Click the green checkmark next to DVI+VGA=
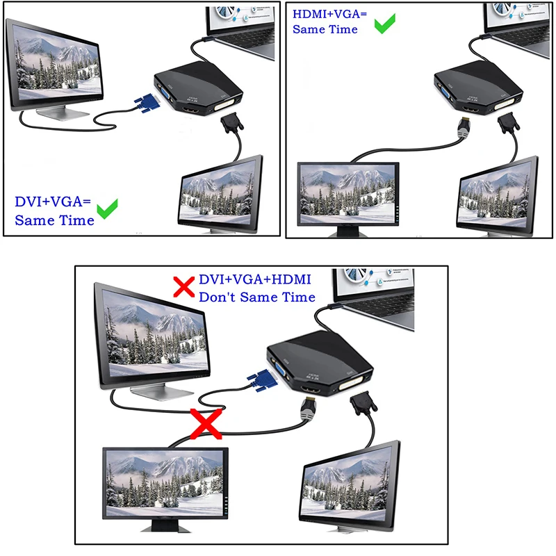pos(107,209)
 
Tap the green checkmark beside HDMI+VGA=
pos(384,24)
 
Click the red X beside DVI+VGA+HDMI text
pos(183,286)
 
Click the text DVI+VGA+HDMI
pos(254,279)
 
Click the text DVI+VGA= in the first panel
pos(53,202)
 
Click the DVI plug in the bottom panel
pos(361,405)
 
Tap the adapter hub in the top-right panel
pos(480,87)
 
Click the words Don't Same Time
pos(256,297)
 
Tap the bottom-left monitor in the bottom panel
pos(165,481)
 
